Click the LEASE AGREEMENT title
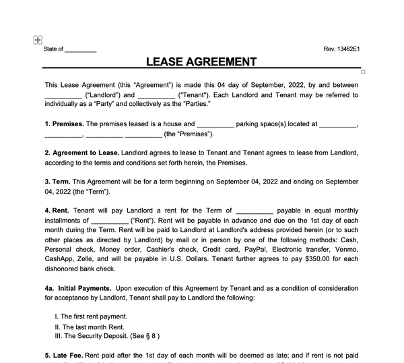click(x=201, y=61)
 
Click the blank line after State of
click(x=81, y=50)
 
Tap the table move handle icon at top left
click(x=38, y=40)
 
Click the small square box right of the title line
click(x=363, y=72)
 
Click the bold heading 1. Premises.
click(x=65, y=124)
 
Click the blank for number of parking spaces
click(x=216, y=124)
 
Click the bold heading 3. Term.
click(x=57, y=181)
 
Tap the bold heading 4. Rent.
click(x=58, y=211)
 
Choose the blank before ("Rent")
click(x=109, y=220)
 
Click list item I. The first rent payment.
click(x=91, y=316)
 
